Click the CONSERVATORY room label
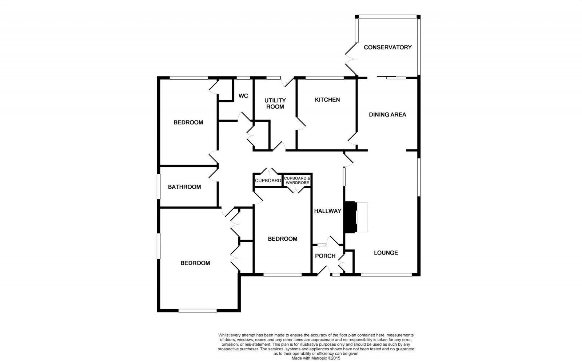tap(388, 47)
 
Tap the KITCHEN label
tap(327, 100)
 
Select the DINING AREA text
tap(387, 115)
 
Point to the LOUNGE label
tap(386, 253)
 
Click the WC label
tap(243, 96)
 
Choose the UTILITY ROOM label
tap(275, 103)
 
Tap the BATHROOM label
tap(184, 187)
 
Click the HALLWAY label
tap(328, 211)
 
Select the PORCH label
tap(325, 256)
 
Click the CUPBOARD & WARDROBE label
tap(297, 180)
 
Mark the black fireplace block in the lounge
tap(350, 217)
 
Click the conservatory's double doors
tap(350, 59)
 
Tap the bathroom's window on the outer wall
tap(159, 186)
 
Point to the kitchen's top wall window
tap(324, 78)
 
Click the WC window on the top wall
tap(243, 78)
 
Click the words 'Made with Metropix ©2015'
tap(316, 358)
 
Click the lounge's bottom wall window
tap(386, 275)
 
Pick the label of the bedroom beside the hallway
tap(283, 239)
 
